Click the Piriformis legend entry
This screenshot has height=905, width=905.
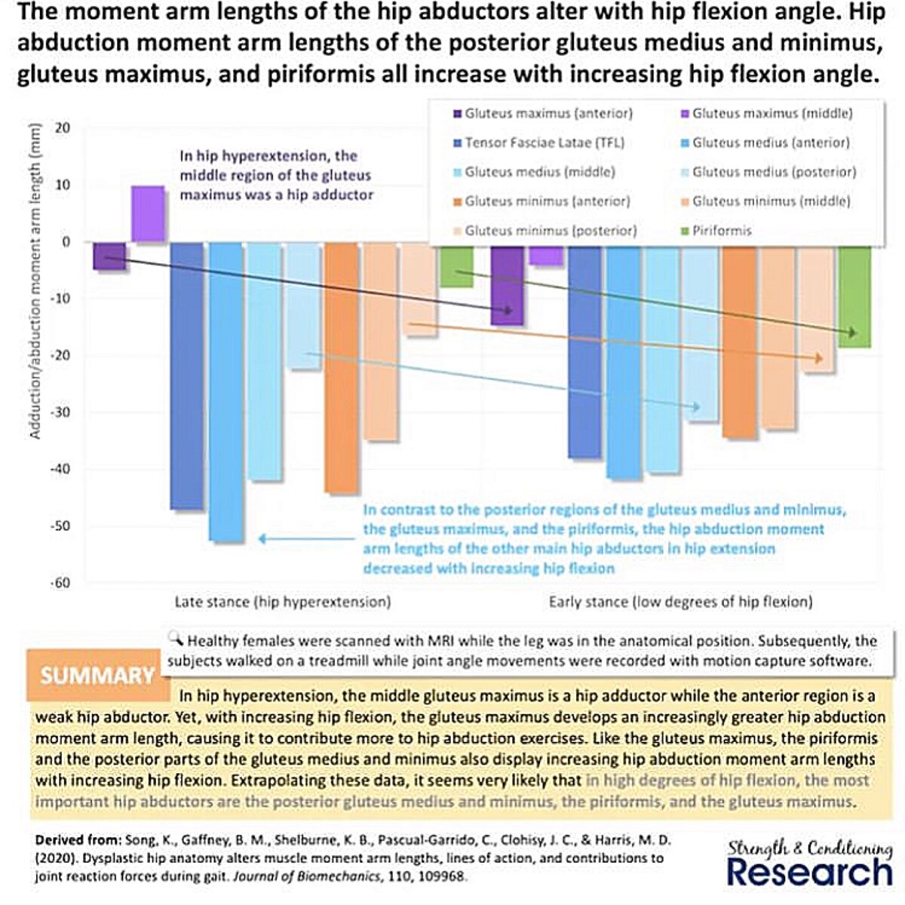(x=722, y=231)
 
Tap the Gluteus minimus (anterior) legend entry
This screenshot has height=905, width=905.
(x=548, y=201)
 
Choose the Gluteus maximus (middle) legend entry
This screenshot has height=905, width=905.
(x=772, y=114)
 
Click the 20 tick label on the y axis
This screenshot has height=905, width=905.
(x=63, y=128)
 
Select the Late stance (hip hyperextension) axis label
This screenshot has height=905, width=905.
(x=283, y=602)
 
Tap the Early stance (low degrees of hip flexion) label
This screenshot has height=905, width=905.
(x=681, y=602)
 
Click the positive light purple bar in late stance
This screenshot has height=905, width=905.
(x=148, y=214)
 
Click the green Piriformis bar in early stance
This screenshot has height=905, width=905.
(x=854, y=298)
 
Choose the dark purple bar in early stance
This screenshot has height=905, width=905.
(x=507, y=287)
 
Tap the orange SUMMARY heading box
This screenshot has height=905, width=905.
(x=97, y=675)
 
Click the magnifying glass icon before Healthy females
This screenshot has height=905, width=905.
(x=177, y=640)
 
